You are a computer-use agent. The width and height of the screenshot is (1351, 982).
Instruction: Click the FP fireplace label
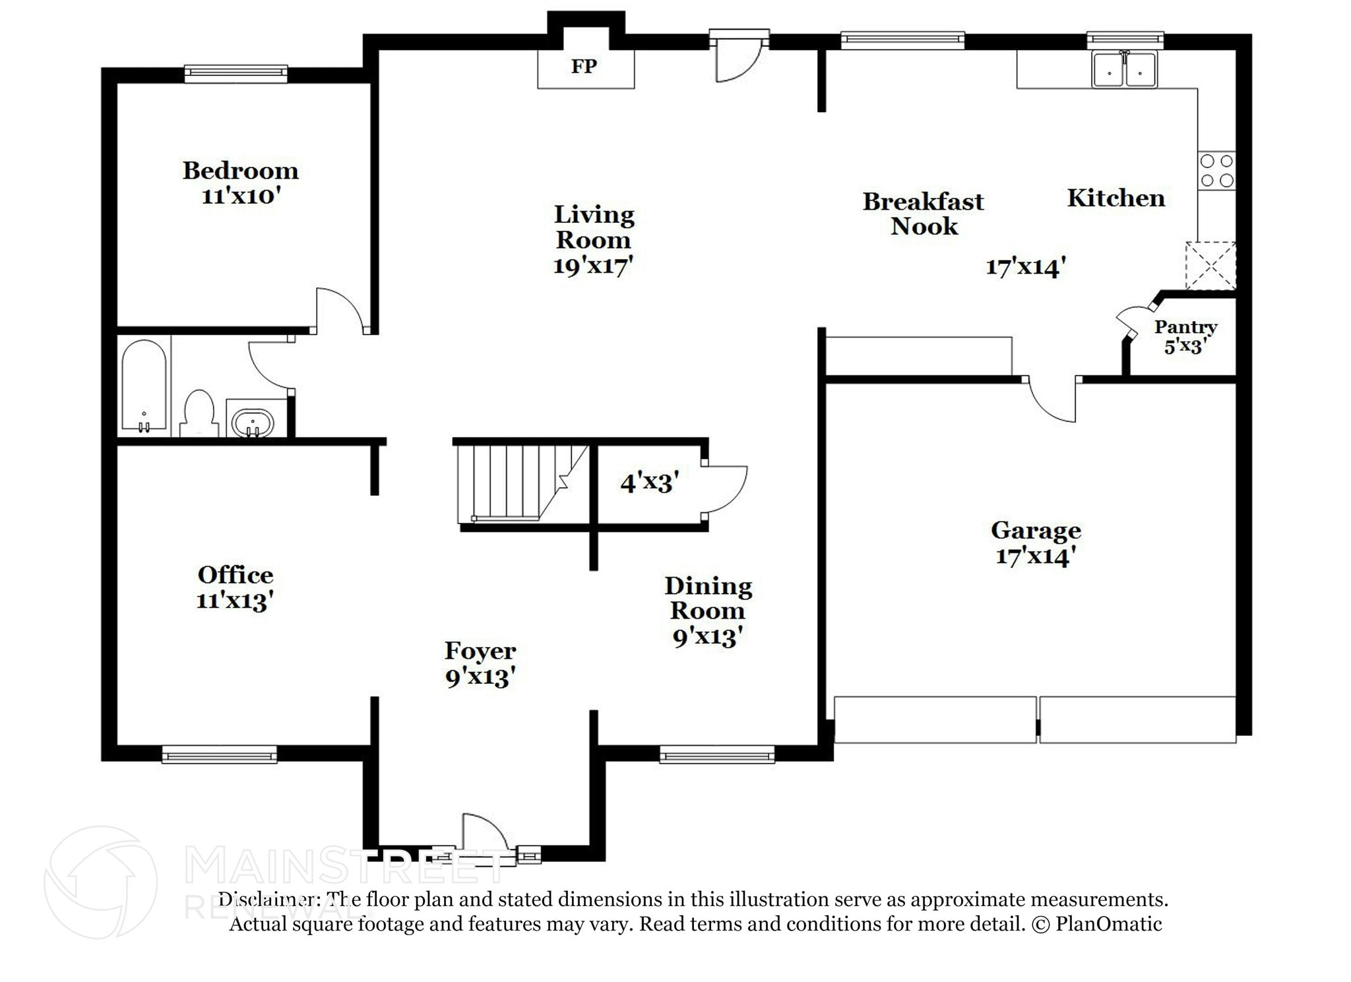[x=584, y=67]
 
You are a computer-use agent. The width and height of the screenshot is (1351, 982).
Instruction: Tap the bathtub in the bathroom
[x=144, y=386]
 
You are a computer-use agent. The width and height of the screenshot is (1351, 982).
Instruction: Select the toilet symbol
[x=199, y=414]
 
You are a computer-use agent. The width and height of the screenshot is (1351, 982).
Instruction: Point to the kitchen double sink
[x=1124, y=70]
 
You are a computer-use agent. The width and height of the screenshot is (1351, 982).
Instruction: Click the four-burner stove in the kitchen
[x=1216, y=171]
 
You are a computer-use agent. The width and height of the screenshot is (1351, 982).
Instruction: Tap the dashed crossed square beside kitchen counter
[x=1210, y=266]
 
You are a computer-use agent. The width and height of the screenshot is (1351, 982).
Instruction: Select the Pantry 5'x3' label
[x=1185, y=336]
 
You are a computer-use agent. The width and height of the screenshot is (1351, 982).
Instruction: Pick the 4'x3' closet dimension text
[x=649, y=483]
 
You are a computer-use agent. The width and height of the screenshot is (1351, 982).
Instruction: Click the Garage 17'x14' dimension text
[x=1035, y=556]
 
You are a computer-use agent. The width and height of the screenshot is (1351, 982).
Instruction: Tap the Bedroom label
[x=240, y=171]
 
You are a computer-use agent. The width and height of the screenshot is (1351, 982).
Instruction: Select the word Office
[x=236, y=575]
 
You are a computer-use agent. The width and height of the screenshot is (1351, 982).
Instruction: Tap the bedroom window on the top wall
[x=236, y=73]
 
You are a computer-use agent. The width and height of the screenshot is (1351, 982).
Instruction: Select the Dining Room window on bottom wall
[x=716, y=754]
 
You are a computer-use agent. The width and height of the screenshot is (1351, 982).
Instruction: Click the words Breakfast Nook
[x=923, y=214]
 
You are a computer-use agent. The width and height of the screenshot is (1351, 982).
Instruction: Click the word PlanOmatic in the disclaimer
[x=1108, y=923]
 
